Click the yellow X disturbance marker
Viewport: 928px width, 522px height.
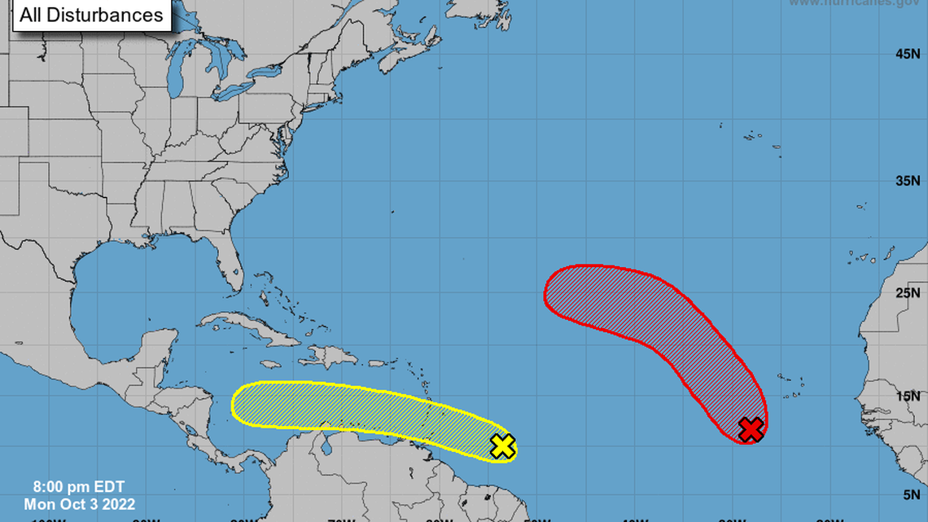coord(503,446)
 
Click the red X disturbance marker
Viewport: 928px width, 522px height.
coord(751,429)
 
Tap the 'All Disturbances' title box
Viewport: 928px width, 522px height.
coord(91,15)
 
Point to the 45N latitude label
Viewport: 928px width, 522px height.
coord(908,54)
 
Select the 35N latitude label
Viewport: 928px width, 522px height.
coord(908,181)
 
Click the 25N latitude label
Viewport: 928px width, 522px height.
coord(908,292)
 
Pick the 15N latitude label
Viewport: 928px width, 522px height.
coord(908,396)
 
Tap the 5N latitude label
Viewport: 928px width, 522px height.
coord(911,493)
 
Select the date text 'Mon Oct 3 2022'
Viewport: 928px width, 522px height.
coord(80,505)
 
